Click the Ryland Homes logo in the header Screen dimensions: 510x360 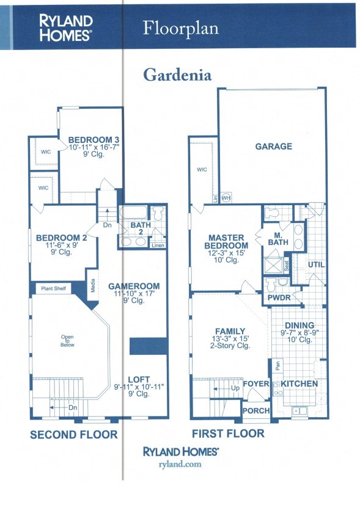click(66, 27)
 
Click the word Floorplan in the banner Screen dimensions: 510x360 click(180, 28)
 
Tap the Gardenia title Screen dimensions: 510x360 click(177, 75)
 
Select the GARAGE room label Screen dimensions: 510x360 click(273, 147)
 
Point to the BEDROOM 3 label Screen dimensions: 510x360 click(90, 138)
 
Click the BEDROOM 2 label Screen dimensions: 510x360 click(61, 238)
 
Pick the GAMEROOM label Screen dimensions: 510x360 click(133, 286)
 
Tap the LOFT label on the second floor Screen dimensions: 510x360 click(138, 379)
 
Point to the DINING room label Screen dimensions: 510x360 click(299, 326)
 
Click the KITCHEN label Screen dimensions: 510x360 click(299, 384)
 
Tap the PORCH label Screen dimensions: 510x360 click(256, 410)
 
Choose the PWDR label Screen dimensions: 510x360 click(278, 297)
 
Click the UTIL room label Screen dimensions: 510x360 click(316, 264)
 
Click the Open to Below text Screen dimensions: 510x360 click(67, 340)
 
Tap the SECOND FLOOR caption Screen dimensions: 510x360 click(73, 435)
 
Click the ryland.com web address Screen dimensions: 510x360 click(180, 465)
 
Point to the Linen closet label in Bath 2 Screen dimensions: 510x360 click(158, 246)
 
